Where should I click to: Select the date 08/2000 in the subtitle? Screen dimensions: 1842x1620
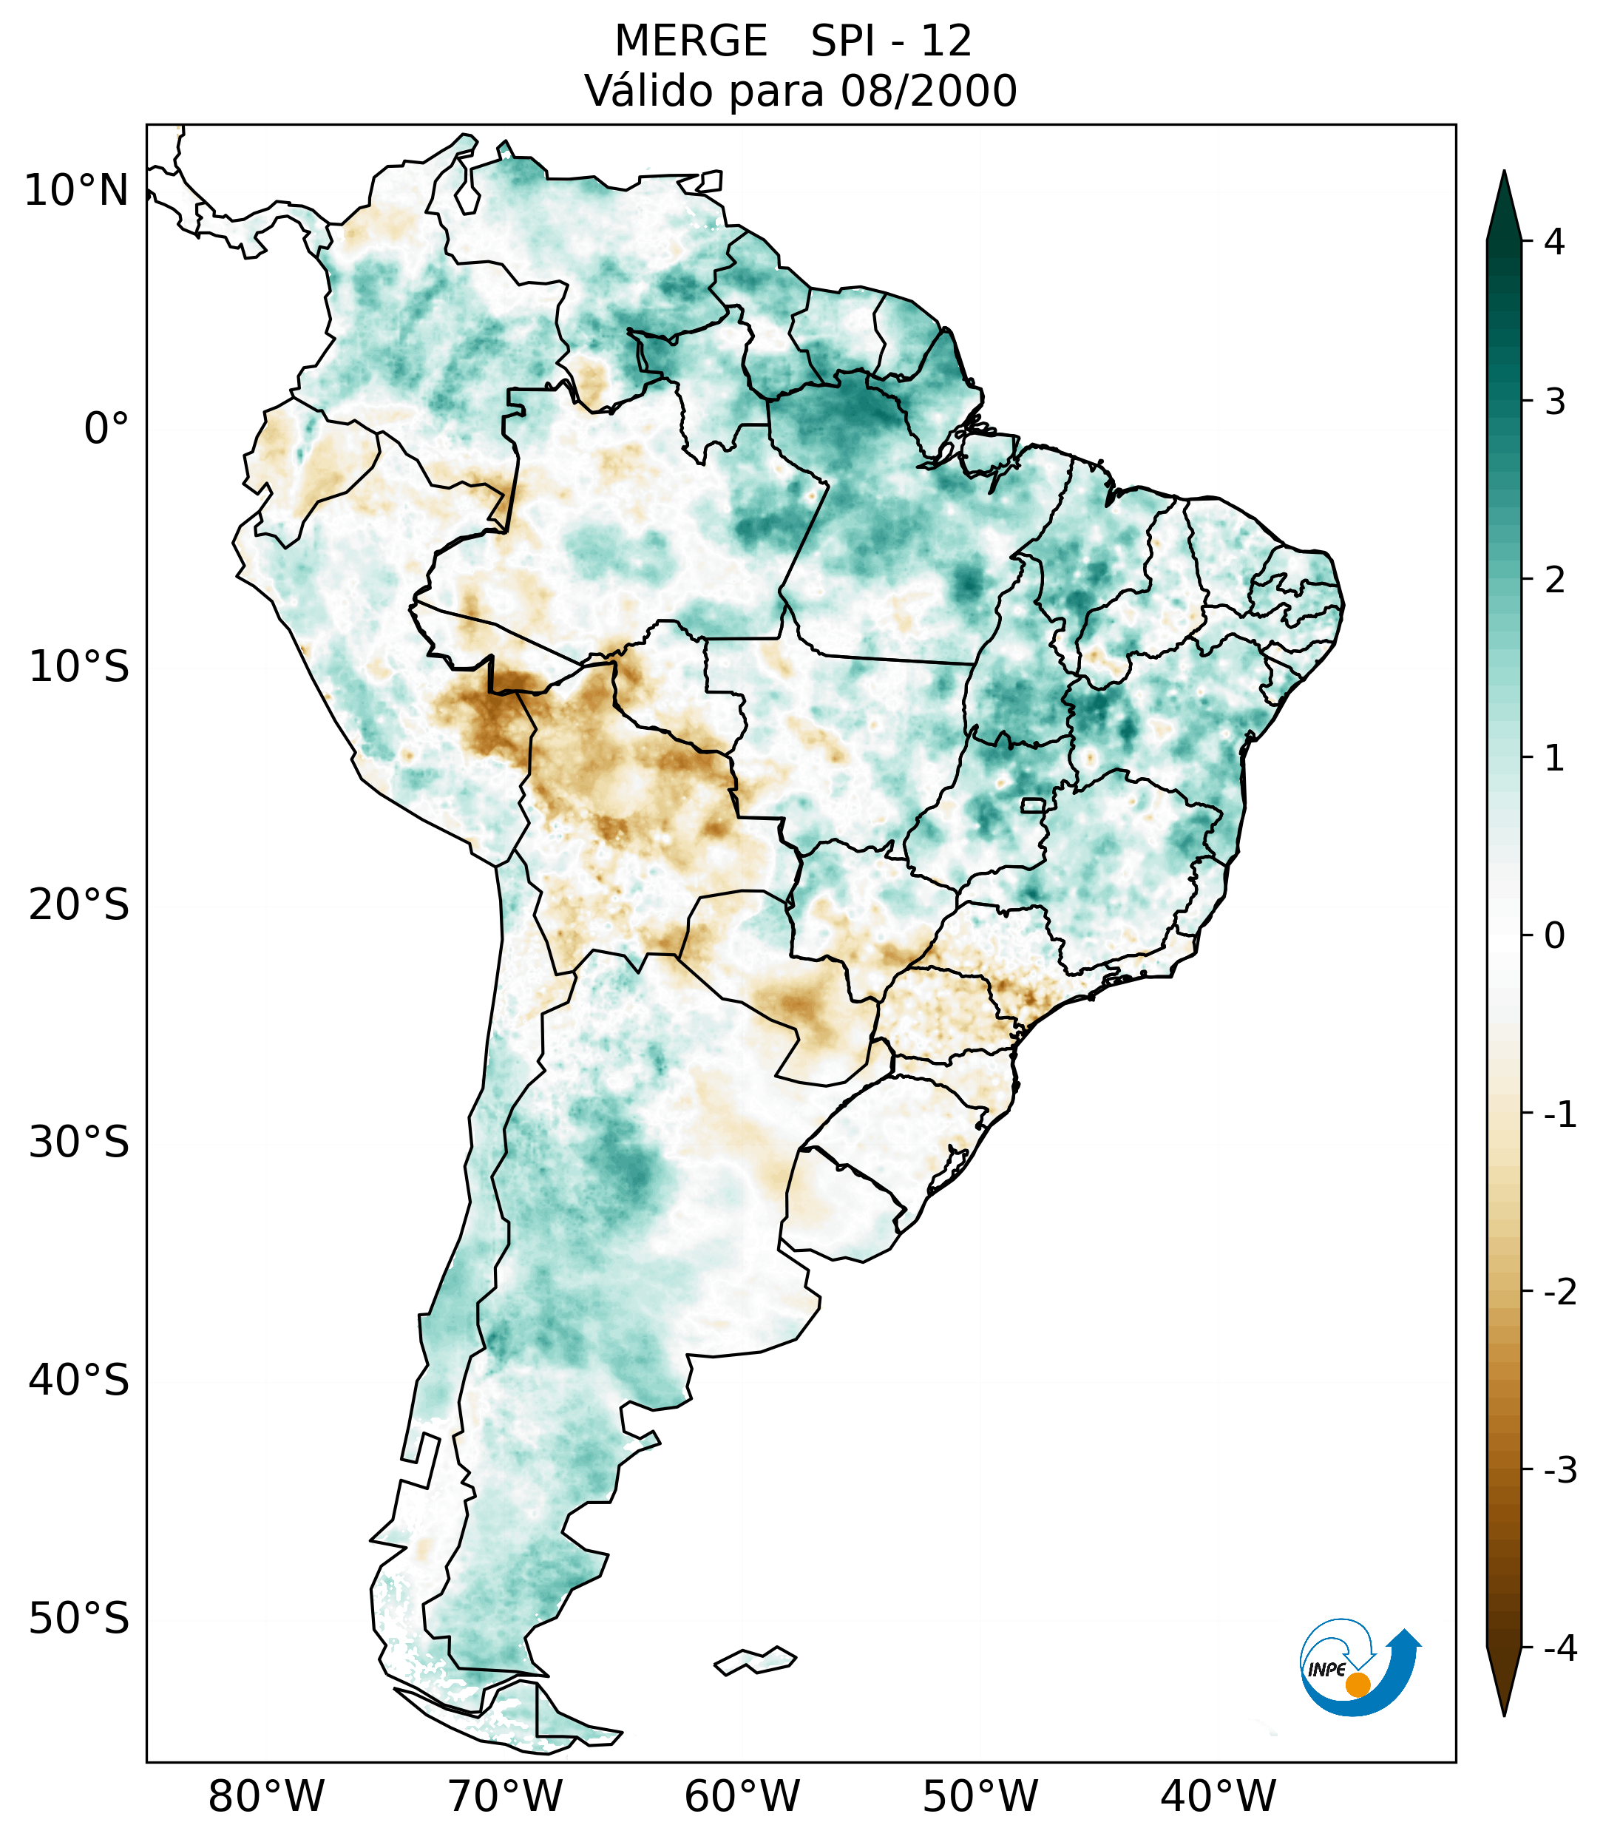click(x=928, y=91)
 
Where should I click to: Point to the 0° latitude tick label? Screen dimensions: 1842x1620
click(x=106, y=429)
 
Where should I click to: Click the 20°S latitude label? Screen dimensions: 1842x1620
click(x=79, y=905)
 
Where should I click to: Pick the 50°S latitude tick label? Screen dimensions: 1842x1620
click(x=79, y=1619)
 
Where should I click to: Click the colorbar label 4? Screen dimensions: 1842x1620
click(x=1554, y=242)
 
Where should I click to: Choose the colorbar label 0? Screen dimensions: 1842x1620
click(x=1554, y=936)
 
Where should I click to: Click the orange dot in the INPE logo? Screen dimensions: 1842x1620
click(x=1358, y=1684)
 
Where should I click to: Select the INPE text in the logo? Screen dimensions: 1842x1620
click(x=1327, y=1669)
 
